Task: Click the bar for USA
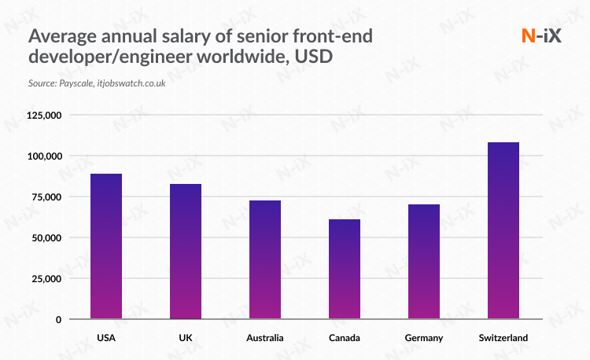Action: coord(106,246)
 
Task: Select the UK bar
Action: coord(186,252)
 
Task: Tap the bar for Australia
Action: coord(265,259)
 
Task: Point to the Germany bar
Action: coord(424,262)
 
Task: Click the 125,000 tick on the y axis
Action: coord(44,116)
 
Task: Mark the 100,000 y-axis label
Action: coord(44,156)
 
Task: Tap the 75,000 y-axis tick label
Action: coord(46,197)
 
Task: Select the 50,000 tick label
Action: coord(46,238)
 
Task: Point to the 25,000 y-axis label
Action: coord(46,279)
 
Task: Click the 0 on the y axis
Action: coord(58,320)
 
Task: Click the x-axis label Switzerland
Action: coord(503,338)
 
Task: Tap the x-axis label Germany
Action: coord(424,338)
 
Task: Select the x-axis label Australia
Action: coord(265,338)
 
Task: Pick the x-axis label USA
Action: coord(106,338)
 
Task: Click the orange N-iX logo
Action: coord(541,35)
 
